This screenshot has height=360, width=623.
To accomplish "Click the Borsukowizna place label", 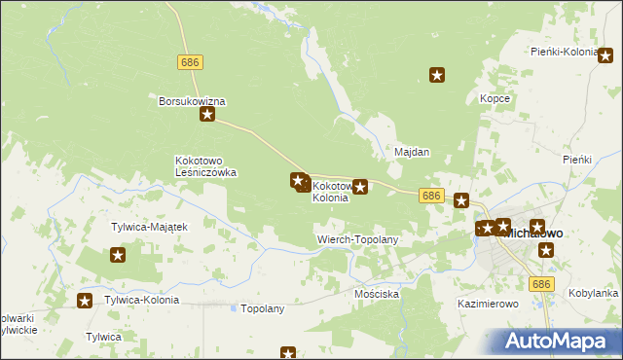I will [x=193, y=100].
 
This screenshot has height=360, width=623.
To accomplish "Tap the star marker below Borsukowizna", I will [x=207, y=116].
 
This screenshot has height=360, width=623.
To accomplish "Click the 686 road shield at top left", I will [x=190, y=61].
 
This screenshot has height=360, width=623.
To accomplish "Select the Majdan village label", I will [x=412, y=153].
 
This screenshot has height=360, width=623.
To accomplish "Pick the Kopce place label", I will [x=495, y=98].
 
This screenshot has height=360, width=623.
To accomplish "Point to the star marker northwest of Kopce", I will [x=438, y=74].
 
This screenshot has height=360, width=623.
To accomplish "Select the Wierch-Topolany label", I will [x=358, y=238].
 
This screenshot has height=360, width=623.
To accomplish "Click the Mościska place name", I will [x=377, y=293].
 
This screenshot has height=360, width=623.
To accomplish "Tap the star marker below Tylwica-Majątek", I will [x=118, y=256].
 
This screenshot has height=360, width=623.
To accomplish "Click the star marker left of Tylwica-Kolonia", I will [x=85, y=301].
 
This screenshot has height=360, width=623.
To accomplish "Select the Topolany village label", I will [x=262, y=308].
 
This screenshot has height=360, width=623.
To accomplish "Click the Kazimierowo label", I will [x=488, y=304].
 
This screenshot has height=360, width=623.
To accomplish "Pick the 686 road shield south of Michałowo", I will [x=543, y=283].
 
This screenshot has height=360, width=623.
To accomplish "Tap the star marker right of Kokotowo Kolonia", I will [x=360, y=186].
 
